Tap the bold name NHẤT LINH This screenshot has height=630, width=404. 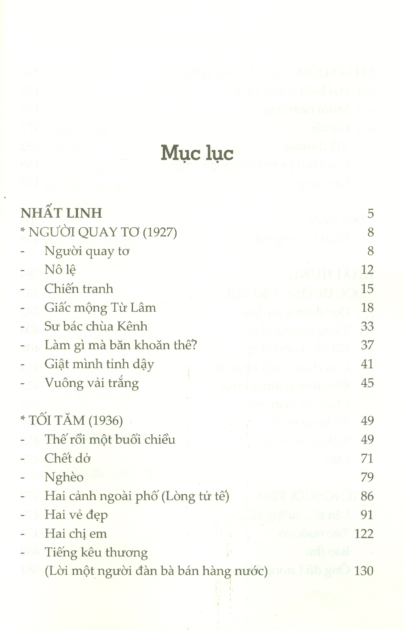[61, 213]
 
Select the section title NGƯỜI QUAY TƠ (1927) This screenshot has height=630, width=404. [99, 232]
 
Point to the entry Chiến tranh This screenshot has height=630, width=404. [79, 289]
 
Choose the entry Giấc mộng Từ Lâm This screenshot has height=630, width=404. [100, 308]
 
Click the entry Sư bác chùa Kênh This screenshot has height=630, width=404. [96, 326]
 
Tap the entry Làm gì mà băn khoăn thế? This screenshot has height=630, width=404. [120, 345]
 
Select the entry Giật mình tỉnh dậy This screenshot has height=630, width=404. [99, 364]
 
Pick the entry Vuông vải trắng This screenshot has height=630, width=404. [92, 383]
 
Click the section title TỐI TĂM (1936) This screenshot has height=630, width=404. [72, 421]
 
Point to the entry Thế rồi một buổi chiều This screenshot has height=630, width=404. [110, 439]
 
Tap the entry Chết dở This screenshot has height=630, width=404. [67, 458]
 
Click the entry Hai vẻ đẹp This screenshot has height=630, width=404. [76, 515]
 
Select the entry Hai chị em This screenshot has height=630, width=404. [76, 533]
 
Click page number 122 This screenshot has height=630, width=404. [364, 534]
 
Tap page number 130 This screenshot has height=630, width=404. [364, 571]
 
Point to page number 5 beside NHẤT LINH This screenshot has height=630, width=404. [370, 213]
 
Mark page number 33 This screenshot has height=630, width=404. [367, 326]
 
